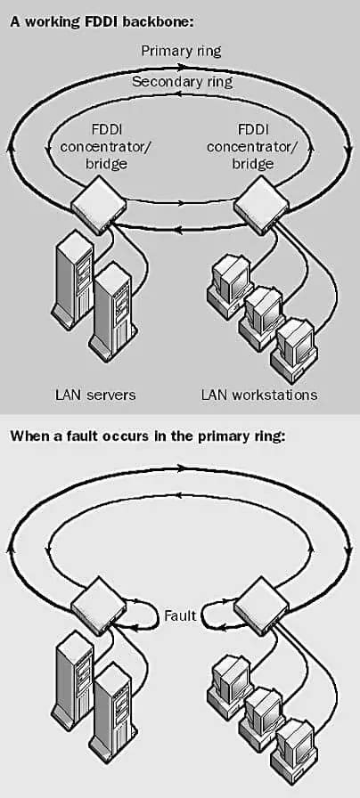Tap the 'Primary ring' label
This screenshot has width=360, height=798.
(181, 50)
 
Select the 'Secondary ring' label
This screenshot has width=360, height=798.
(181, 81)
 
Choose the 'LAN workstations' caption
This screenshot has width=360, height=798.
(259, 394)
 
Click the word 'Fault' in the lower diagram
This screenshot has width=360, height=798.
(180, 615)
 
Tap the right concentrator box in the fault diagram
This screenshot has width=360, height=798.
(260, 603)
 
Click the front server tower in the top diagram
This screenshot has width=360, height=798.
(110, 307)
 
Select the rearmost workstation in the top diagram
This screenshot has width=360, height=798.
(229, 278)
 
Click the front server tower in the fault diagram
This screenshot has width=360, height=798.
(110, 704)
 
